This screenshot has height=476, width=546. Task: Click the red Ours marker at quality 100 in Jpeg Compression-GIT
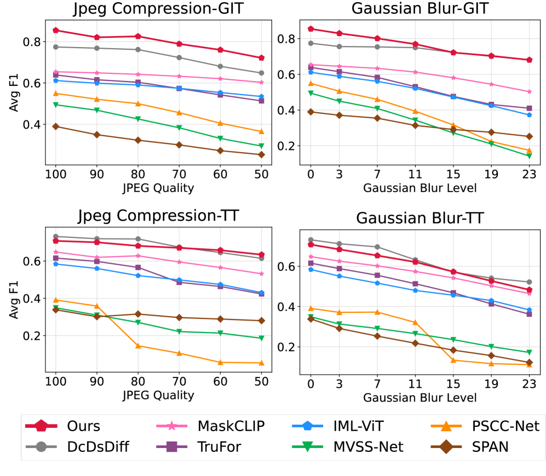(55, 30)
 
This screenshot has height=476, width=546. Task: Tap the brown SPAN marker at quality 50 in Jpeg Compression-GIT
(261, 154)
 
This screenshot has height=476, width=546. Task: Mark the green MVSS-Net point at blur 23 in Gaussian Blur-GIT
(530, 156)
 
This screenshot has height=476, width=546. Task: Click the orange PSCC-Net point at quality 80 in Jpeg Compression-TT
(138, 346)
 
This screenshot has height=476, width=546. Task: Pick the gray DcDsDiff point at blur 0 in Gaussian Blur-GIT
(311, 43)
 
